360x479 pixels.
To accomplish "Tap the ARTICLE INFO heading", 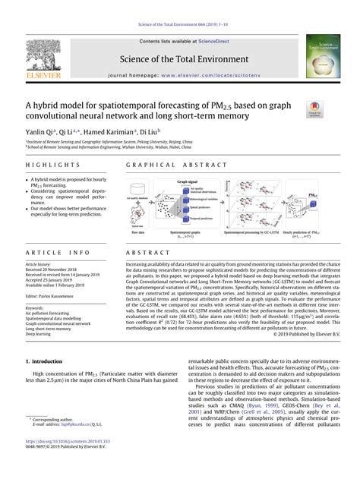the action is click(48, 251).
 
